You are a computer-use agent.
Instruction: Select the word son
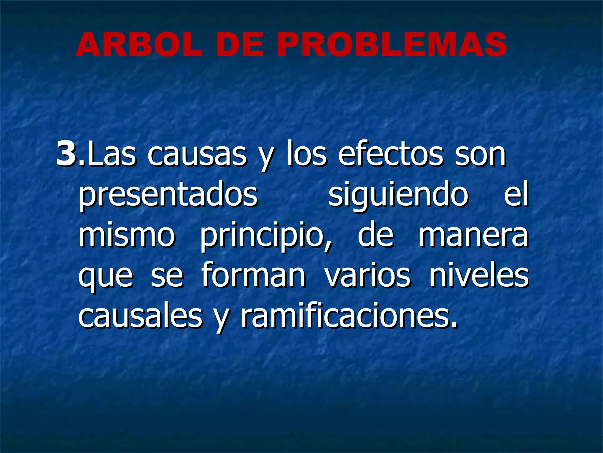[480, 155]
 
